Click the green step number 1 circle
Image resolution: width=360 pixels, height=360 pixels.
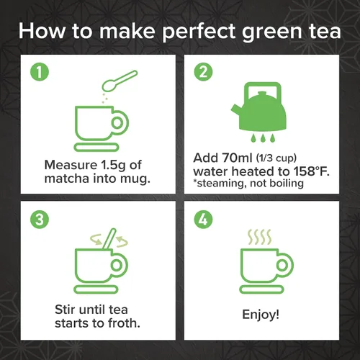[40, 72]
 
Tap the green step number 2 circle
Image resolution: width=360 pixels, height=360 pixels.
[203, 72]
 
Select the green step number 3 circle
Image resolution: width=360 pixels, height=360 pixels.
[40, 220]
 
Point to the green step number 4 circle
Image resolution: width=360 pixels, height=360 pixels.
[203, 220]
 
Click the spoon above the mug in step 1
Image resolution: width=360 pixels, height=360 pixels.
[120, 81]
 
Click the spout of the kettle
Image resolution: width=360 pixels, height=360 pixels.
[236, 109]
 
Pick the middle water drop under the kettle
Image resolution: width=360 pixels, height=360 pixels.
[263, 138]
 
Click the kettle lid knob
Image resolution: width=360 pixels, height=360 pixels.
[261, 93]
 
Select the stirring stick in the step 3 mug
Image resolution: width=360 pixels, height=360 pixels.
[109, 239]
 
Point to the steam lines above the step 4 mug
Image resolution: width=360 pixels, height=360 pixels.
[259, 237]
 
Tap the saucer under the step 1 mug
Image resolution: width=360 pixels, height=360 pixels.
[96, 147]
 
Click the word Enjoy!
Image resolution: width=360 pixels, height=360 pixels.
[261, 315]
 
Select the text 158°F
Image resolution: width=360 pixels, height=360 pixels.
[312, 171]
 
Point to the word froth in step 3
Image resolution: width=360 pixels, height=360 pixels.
[124, 323]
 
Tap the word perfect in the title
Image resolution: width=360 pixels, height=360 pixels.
[199, 32]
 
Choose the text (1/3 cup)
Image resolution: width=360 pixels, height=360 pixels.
[276, 158]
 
